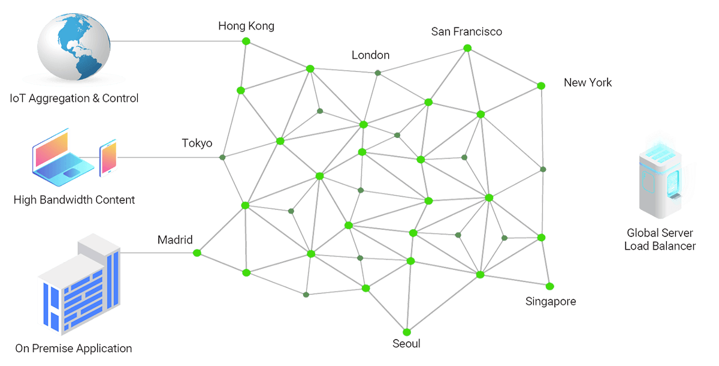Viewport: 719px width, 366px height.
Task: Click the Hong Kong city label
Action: (x=246, y=26)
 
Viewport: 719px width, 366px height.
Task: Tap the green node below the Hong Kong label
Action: (x=246, y=41)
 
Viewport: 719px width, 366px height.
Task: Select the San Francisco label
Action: (x=466, y=31)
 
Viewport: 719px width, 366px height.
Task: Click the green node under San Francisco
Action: (x=467, y=48)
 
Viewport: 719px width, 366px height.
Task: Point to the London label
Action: (x=370, y=55)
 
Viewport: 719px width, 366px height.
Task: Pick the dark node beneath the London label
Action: (x=378, y=73)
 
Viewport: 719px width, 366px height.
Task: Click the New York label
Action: (x=588, y=83)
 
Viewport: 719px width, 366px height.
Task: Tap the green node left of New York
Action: (x=541, y=86)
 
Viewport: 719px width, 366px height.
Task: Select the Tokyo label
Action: (x=197, y=143)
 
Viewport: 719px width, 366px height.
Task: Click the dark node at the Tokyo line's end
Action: (x=222, y=157)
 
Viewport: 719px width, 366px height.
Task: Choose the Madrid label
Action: (x=175, y=240)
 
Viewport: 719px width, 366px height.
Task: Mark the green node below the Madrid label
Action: (x=197, y=253)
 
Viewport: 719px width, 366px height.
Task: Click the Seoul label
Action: (x=406, y=344)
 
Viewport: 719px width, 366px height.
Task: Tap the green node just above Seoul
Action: (x=407, y=332)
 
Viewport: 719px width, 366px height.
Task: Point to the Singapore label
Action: (x=551, y=301)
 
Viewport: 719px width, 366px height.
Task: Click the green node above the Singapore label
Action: (x=549, y=286)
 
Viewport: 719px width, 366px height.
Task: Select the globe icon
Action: (x=74, y=47)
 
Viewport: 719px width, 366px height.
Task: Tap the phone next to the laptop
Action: (x=108, y=158)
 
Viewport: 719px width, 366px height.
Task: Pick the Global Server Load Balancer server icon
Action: (x=660, y=181)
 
